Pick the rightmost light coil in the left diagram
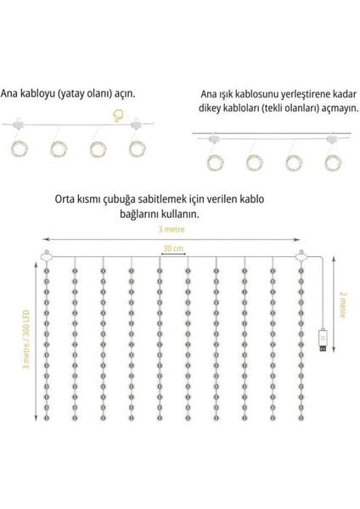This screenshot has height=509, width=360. [x=137, y=148]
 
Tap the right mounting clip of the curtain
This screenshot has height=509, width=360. [x=299, y=257]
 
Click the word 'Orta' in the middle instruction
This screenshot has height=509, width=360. [x=64, y=202]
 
